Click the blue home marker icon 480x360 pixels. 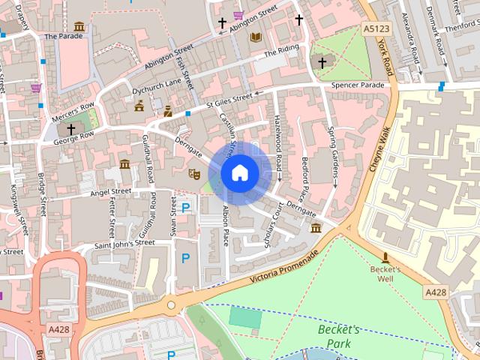239,173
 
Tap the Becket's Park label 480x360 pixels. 339,336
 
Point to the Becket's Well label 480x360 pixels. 385,273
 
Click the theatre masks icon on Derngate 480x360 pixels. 193,174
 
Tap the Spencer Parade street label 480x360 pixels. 358,85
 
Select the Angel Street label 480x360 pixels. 110,193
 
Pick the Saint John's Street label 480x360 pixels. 124,244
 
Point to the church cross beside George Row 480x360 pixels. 71,129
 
